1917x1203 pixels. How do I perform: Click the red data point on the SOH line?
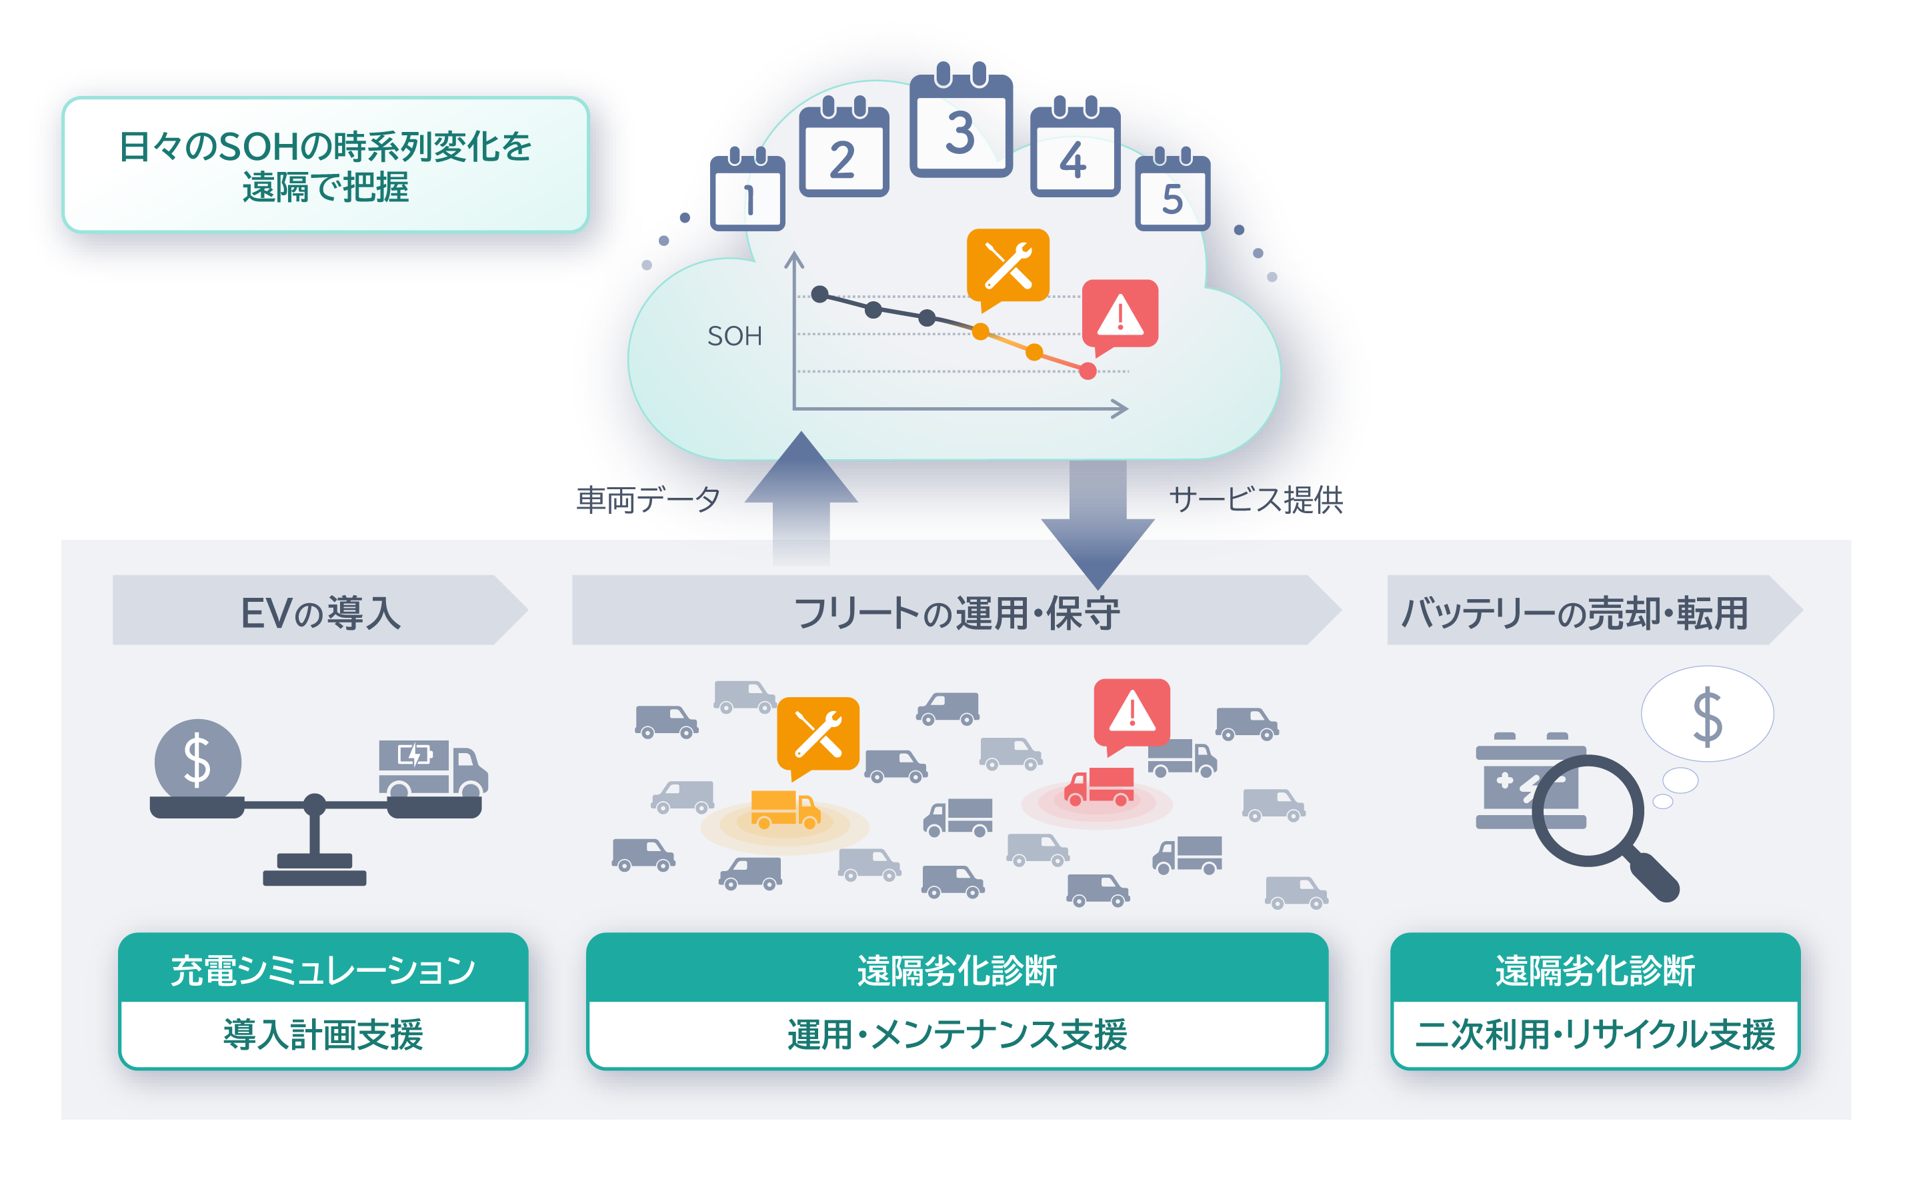[x=1087, y=371]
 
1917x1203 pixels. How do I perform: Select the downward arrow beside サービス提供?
[x=1098, y=525]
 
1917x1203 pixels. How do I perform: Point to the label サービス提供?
[x=1256, y=500]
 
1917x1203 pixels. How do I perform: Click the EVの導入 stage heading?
[x=320, y=612]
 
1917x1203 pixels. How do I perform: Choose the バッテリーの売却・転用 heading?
[x=1574, y=612]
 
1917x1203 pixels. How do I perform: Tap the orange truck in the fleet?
[x=785, y=810]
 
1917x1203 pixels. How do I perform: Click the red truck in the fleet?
[x=1099, y=787]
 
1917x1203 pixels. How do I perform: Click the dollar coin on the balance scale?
[x=197, y=760]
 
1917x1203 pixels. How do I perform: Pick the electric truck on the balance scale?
[x=433, y=768]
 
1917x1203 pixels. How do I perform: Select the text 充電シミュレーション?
[x=323, y=970]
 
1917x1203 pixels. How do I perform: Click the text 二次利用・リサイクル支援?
[x=1595, y=1034]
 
